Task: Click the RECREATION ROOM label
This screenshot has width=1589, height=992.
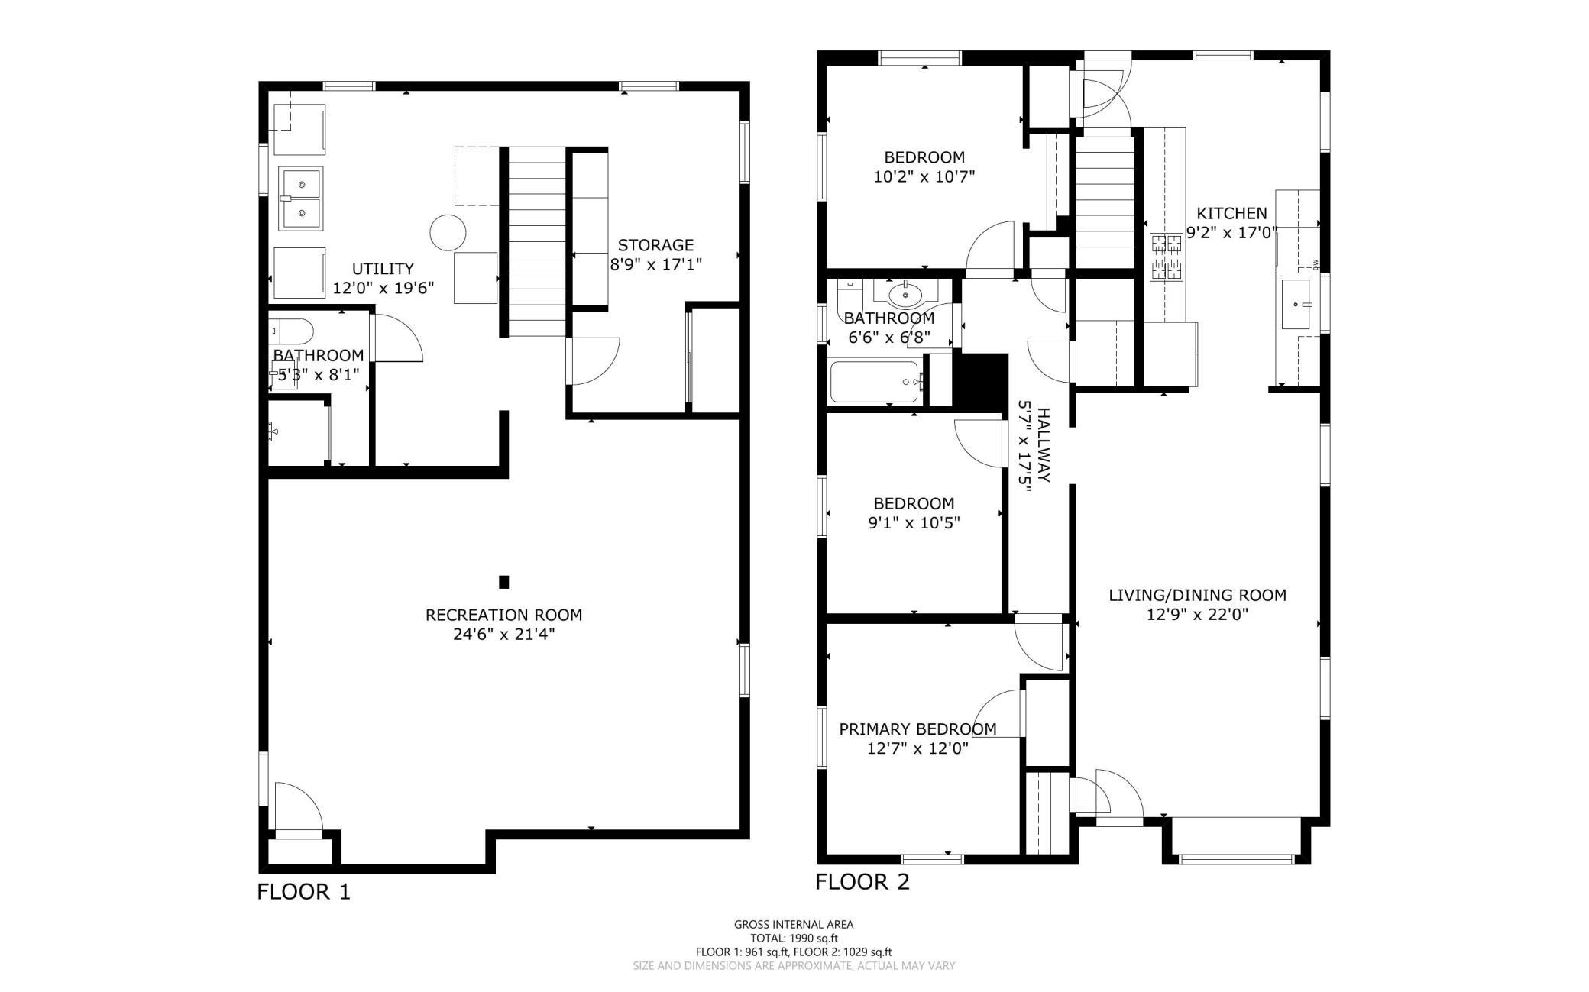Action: click(503, 615)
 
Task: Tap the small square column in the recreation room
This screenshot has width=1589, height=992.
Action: click(503, 582)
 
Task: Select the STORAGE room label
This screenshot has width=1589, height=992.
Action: click(655, 245)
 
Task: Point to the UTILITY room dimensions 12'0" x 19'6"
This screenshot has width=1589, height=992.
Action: click(383, 288)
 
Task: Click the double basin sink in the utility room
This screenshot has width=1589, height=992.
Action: click(300, 199)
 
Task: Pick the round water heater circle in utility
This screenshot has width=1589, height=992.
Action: click(447, 232)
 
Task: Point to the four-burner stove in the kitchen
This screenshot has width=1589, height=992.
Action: click(1167, 257)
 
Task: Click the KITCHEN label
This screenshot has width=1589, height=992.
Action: click(1231, 213)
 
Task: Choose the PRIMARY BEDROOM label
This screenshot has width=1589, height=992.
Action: click(917, 729)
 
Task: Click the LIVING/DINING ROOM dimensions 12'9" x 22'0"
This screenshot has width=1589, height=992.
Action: click(1198, 614)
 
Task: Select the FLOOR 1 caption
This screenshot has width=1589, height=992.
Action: click(303, 891)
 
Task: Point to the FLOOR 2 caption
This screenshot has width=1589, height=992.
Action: click(862, 882)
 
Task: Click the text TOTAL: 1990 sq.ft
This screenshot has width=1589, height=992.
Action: click(794, 938)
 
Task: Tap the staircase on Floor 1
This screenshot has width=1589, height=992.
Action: click(536, 242)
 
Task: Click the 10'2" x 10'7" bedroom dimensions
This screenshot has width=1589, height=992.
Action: click(924, 176)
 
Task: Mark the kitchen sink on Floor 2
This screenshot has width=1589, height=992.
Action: click(1297, 304)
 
